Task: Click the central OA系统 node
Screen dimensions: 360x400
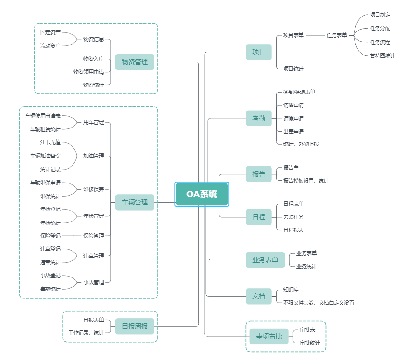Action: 202,194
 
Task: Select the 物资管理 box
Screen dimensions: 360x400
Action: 135,62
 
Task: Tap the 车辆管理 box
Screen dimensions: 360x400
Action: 135,202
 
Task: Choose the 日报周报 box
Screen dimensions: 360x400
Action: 135,326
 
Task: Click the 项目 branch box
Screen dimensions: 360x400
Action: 259,52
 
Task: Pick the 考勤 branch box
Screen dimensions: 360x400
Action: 259,118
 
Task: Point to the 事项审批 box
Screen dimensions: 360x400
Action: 269,336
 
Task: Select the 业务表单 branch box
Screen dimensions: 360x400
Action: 265,260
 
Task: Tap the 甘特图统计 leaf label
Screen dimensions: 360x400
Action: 382,55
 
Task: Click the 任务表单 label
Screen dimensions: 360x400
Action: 337,35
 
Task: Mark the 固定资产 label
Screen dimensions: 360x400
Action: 50,32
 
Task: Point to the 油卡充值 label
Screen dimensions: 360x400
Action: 50,142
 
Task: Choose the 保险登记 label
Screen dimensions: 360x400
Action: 50,235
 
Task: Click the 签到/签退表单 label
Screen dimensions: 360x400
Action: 299,92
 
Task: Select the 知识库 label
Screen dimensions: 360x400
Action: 291,289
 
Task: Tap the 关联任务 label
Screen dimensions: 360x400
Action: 293,217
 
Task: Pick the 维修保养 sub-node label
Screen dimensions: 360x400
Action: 94,190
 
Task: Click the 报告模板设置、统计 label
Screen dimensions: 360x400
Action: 306,180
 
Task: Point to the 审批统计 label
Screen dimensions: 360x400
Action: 310,343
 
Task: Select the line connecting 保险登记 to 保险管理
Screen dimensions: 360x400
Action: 72,235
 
